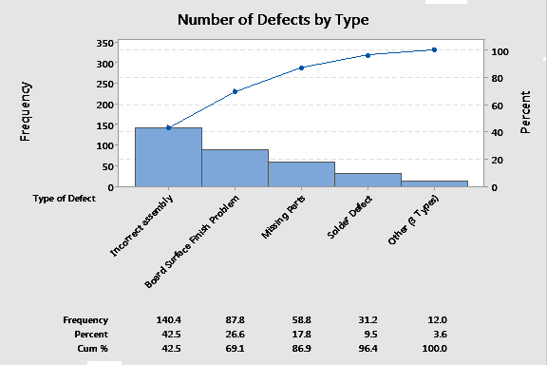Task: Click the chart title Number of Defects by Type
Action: click(x=273, y=19)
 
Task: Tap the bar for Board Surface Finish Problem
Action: click(x=235, y=168)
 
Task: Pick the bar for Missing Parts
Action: click(x=301, y=174)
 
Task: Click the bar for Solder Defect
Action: click(x=368, y=180)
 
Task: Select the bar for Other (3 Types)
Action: click(x=434, y=183)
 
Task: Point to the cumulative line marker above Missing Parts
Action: click(x=301, y=67)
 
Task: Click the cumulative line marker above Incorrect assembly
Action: click(x=168, y=127)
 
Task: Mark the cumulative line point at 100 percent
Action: click(x=434, y=49)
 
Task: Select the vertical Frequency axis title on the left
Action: click(x=26, y=112)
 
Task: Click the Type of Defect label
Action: click(x=64, y=199)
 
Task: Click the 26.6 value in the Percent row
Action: click(x=235, y=335)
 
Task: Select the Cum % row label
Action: click(x=92, y=350)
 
